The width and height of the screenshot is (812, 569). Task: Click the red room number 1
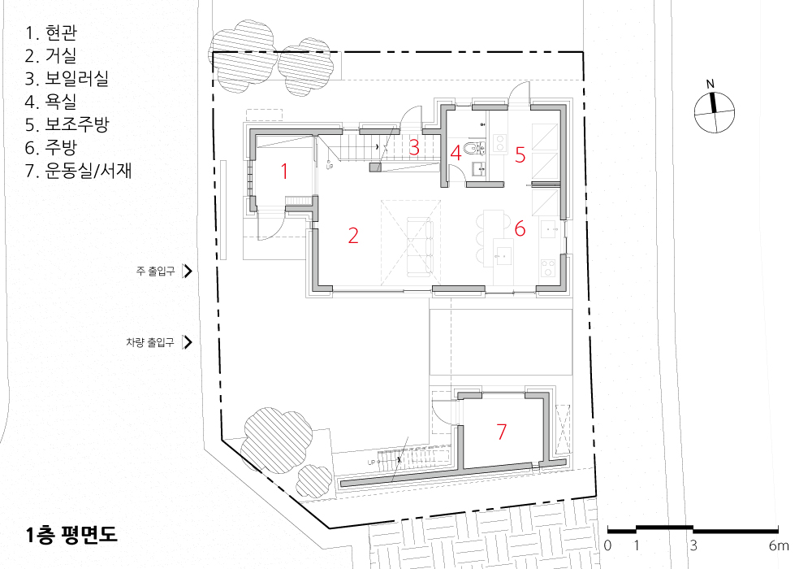[x=283, y=171]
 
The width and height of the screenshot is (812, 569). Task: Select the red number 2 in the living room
[x=353, y=235]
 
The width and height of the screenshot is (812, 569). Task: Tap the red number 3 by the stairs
[x=414, y=147]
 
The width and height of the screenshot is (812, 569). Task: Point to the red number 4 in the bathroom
[x=456, y=153]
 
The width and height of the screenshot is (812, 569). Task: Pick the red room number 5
[x=520, y=155]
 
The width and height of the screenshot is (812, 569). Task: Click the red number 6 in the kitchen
[x=520, y=228]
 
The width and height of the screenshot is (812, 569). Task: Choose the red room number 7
[x=501, y=432]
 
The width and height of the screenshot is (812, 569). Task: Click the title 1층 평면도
[x=71, y=535]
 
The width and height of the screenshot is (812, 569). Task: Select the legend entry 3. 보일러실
[x=67, y=78]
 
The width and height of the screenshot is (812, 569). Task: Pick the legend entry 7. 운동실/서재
[x=78, y=170]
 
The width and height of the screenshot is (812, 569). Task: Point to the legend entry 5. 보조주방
[x=67, y=124]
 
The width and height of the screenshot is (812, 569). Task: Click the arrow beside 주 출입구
[x=188, y=271]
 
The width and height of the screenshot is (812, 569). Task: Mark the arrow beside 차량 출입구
[x=188, y=342]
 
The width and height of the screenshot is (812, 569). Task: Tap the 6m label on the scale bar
[x=779, y=545]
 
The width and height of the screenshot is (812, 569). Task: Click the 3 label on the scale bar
[x=693, y=545]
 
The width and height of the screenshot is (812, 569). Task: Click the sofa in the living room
[x=420, y=245]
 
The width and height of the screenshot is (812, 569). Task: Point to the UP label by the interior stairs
[x=330, y=167]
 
